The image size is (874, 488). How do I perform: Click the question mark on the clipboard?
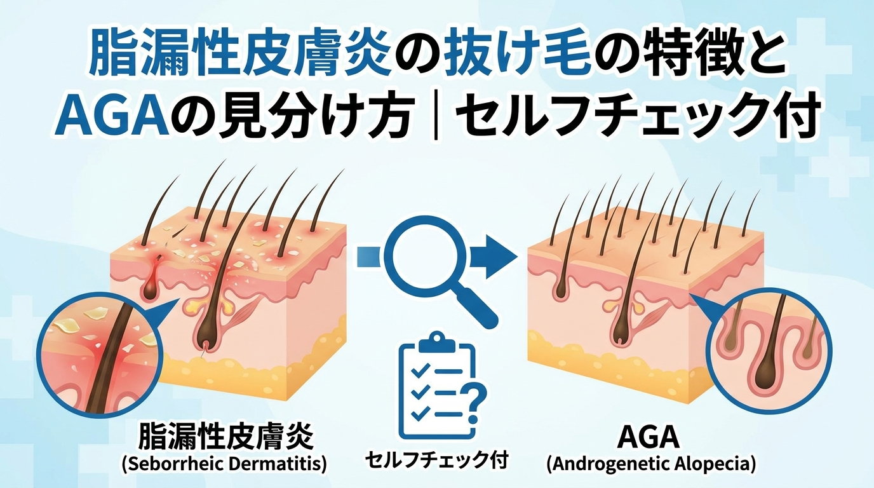click(x=473, y=403)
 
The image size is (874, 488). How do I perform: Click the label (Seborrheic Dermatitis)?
click(x=224, y=464)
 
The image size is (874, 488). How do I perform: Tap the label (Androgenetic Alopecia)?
click(x=651, y=464)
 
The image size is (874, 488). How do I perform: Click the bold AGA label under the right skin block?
click(x=648, y=437)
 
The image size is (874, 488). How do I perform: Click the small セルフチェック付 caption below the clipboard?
click(x=436, y=460)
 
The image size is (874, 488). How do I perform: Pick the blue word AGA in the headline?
click(x=111, y=116)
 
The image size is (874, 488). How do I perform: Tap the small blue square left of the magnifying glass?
click(x=368, y=257)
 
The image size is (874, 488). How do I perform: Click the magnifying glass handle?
click(x=477, y=308)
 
